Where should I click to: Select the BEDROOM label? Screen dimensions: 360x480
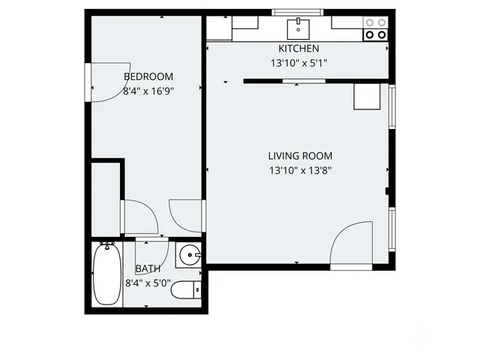[x=148, y=76]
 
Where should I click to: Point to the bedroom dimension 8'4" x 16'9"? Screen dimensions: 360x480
[x=148, y=91]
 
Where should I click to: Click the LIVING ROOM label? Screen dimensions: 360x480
[x=300, y=156]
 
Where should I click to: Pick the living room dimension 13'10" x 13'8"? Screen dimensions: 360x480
[x=300, y=170]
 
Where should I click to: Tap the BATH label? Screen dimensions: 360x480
[x=147, y=268]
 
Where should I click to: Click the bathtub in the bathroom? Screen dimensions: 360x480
[x=106, y=275]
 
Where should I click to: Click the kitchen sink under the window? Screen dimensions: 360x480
[x=298, y=28]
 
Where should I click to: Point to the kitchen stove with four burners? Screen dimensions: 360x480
[x=376, y=28]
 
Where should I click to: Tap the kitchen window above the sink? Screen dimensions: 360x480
[x=298, y=12]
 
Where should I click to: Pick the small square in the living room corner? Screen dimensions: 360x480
[x=367, y=97]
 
